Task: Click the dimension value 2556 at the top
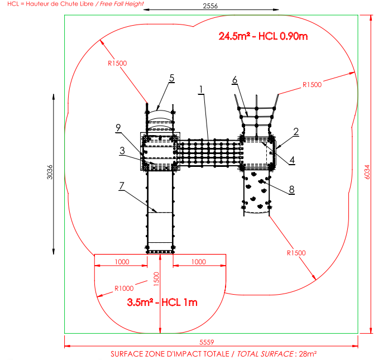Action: coord(210,6)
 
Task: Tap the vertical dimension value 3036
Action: coord(50,172)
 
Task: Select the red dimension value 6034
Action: coord(367,172)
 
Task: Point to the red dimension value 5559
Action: coord(207,342)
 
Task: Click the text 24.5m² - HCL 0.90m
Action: coord(263,36)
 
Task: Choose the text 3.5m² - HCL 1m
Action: coord(162,303)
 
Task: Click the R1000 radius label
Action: coord(124,289)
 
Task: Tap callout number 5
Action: coord(172,78)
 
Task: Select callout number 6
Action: coord(234,80)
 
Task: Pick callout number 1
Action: coord(201,90)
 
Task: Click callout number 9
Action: coord(118,128)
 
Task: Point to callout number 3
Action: coord(122,151)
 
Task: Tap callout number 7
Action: coord(122,186)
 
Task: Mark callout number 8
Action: coord(291,190)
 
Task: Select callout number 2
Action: coord(296,132)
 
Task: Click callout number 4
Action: coord(292,160)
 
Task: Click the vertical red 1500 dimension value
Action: coord(156,279)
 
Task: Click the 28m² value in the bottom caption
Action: coord(308,354)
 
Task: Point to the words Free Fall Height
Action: coord(122,4)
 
